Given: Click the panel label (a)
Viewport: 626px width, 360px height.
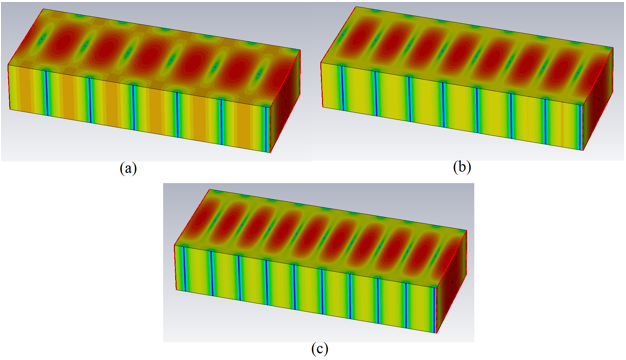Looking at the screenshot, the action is coord(128,169).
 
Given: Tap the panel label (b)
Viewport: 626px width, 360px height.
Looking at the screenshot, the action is coord(462,167).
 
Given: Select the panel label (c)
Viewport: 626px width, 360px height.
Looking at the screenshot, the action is coord(319,349).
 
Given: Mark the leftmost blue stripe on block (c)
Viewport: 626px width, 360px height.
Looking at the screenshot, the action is coord(184,269).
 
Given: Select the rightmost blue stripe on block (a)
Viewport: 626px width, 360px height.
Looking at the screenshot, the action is coord(267,129).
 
